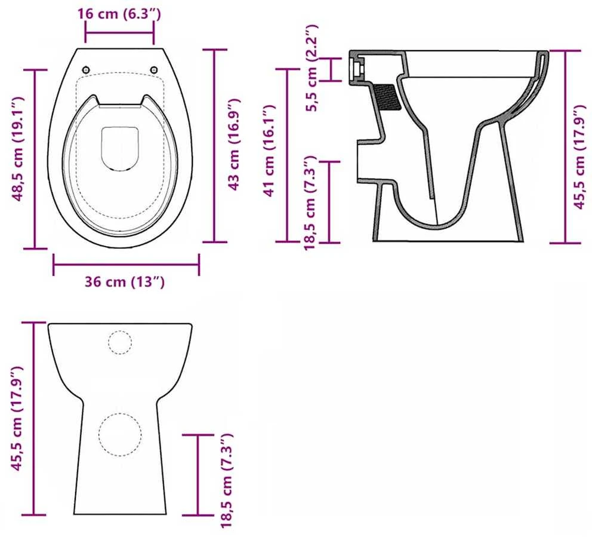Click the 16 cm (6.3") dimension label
coord(119,14)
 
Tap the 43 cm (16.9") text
coord(235,145)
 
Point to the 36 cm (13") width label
coord(125,282)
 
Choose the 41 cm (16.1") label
coord(269,151)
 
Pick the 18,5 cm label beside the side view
coord(310,202)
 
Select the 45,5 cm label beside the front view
coord(18,418)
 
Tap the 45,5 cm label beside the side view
coord(580,157)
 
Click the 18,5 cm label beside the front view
coord(227,480)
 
